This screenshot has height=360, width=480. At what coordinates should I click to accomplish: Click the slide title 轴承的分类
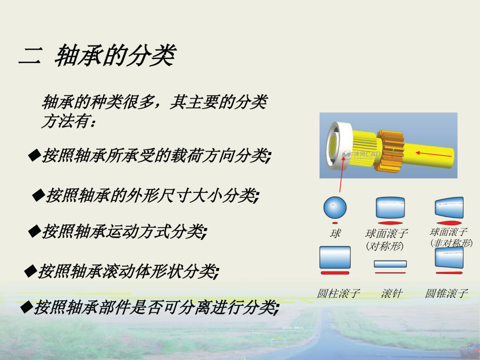coord(116,56)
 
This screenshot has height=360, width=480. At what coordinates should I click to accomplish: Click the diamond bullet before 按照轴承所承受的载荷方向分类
coord(34,155)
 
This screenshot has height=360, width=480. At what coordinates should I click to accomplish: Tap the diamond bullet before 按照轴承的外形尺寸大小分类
coord(38,195)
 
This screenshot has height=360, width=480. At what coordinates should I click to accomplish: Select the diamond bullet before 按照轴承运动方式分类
coord(34,231)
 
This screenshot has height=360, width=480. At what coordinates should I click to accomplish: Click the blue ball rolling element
coord(335,207)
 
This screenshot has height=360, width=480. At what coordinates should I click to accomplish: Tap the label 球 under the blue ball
coord(335,234)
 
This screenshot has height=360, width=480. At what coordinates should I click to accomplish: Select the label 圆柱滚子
coord(338,293)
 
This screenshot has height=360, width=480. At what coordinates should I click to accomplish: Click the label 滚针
coord(392,293)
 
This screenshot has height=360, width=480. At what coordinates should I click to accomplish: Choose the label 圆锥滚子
coord(446,293)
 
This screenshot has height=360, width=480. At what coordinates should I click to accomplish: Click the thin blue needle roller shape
coord(390,264)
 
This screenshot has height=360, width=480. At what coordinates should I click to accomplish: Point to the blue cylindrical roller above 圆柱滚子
coord(335,257)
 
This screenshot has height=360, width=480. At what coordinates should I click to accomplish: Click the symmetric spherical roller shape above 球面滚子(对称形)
coord(390,208)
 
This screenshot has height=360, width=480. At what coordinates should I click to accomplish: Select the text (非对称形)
coord(451,243)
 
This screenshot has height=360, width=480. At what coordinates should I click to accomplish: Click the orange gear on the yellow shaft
coord(390,151)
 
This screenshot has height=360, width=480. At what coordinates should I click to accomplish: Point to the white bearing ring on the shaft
coord(338,146)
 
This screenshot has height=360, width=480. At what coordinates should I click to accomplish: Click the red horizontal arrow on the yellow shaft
coord(433,154)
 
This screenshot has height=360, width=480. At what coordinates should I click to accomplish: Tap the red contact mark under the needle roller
coord(390,273)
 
